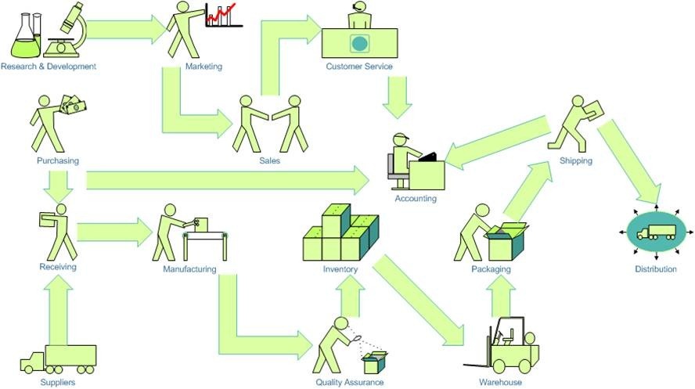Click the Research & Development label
pos(49,67)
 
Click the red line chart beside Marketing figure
pos(222,15)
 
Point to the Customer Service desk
pos(359,43)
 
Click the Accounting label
pos(416,199)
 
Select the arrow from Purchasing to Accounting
pos(227,181)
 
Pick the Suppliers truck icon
pos(59,359)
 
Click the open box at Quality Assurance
pos(374,362)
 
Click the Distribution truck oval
pos(656,233)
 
